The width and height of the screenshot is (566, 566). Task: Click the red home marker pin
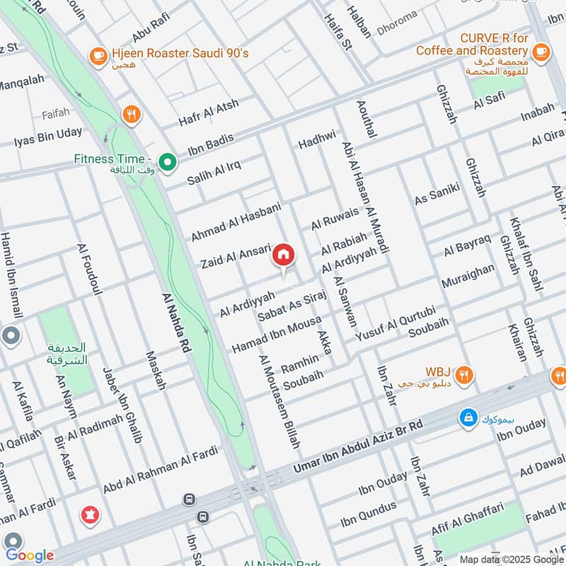(284, 255)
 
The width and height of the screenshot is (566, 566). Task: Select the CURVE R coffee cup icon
(541, 50)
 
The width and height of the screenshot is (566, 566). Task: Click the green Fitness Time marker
(168, 163)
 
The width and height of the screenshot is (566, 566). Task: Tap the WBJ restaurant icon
(464, 375)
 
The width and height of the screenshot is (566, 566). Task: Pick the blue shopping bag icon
(468, 418)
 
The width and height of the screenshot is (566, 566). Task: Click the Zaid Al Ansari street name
(236, 256)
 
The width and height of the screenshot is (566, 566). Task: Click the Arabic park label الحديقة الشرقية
(67, 354)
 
